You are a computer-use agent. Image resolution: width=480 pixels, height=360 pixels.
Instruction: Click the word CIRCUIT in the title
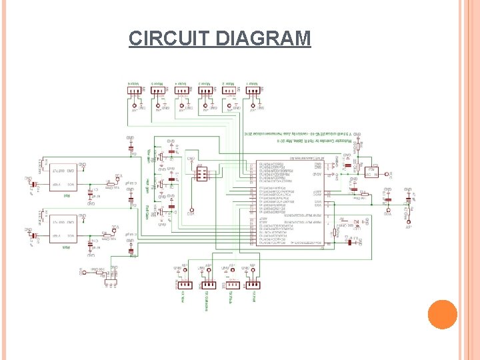171,38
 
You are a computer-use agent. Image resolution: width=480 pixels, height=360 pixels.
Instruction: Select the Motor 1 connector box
253,93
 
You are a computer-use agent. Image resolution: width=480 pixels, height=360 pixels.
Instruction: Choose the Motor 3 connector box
205,93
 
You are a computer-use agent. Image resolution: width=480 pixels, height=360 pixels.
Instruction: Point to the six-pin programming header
200,174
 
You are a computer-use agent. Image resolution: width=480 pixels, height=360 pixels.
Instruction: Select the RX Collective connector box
207,286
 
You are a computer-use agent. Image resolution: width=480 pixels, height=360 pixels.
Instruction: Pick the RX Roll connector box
185,286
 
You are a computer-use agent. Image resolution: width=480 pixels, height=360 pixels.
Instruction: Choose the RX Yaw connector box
254,286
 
